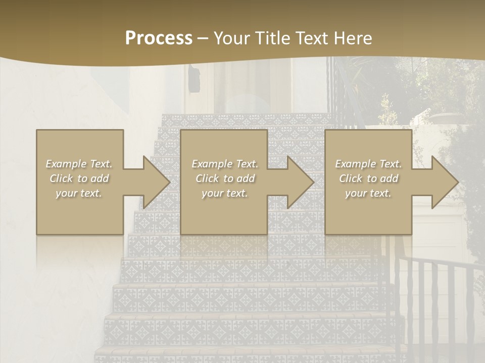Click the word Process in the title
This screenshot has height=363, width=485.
tap(159, 38)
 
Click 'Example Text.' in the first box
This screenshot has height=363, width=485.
tap(79, 164)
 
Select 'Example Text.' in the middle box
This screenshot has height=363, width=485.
tap(225, 164)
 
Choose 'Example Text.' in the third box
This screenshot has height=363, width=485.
tap(368, 164)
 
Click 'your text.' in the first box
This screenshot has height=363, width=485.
tap(79, 193)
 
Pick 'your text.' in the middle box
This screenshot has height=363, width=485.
tap(225, 193)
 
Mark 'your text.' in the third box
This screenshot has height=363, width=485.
tap(368, 193)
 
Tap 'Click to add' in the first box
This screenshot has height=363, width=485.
tap(79, 178)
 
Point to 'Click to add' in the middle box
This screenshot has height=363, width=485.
tap(225, 178)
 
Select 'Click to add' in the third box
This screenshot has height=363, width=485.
tap(368, 178)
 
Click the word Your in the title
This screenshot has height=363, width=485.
tap(230, 38)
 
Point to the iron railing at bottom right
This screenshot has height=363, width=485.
tap(434, 302)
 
